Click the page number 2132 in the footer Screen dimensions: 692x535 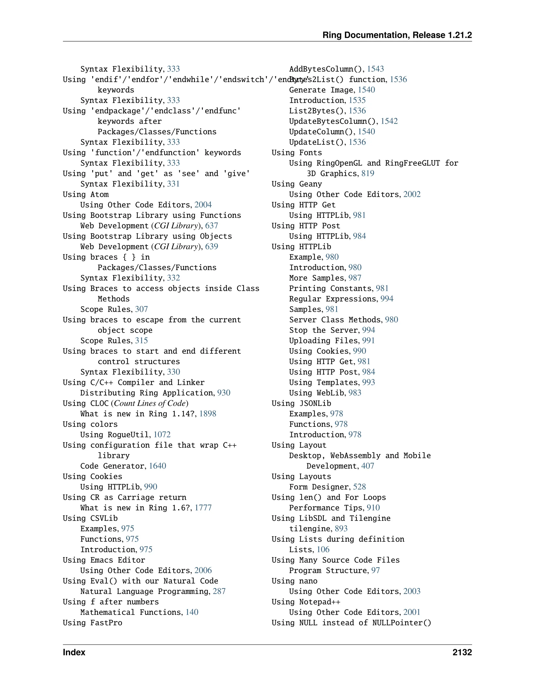(x=462, y=652)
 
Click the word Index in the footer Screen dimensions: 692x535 (x=74, y=652)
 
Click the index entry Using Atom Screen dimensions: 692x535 (x=86, y=194)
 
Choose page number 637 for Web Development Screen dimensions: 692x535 (x=211, y=226)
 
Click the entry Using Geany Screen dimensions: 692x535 (x=297, y=184)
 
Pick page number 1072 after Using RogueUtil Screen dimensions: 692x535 (x=162, y=435)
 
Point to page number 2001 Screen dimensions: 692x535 (x=412, y=612)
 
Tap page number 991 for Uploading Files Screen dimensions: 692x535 (x=368, y=340)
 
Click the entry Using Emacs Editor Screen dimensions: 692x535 (x=104, y=560)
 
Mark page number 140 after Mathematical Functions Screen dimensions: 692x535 (x=192, y=612)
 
